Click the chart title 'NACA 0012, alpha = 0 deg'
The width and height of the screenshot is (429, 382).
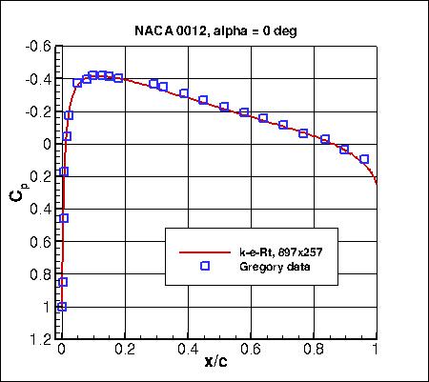coord(219,30)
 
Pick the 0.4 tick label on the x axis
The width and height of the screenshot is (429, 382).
coord(188,350)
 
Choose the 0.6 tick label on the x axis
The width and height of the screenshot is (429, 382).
coord(251,350)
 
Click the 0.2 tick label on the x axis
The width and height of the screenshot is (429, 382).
coord(125,350)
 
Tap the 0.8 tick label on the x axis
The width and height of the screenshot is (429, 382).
coord(314,350)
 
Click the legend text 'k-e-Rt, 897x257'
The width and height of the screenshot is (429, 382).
coord(276,252)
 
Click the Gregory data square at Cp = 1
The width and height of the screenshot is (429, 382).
coord(62,307)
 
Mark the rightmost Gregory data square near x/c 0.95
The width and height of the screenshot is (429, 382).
coord(364,159)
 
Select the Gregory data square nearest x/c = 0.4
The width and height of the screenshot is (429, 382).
coord(184,93)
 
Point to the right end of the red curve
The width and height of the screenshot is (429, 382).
coord(377,184)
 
